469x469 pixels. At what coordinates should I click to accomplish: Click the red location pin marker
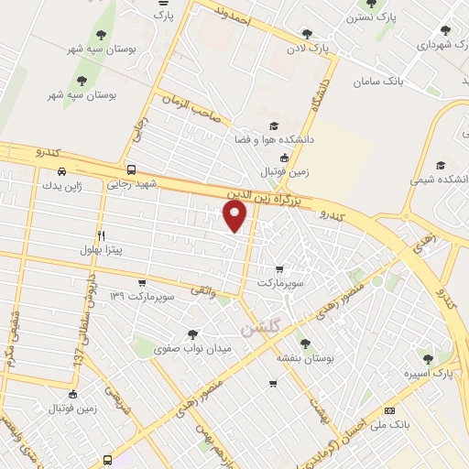(236, 216)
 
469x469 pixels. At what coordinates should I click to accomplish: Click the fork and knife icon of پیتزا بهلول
(101, 234)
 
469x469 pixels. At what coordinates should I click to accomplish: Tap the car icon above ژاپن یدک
(61, 170)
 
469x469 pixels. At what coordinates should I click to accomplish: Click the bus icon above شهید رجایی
(132, 169)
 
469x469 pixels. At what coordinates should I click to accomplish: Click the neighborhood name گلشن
(260, 327)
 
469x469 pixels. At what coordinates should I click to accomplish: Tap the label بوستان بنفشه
(305, 359)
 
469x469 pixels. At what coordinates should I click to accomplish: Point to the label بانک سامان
(377, 82)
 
